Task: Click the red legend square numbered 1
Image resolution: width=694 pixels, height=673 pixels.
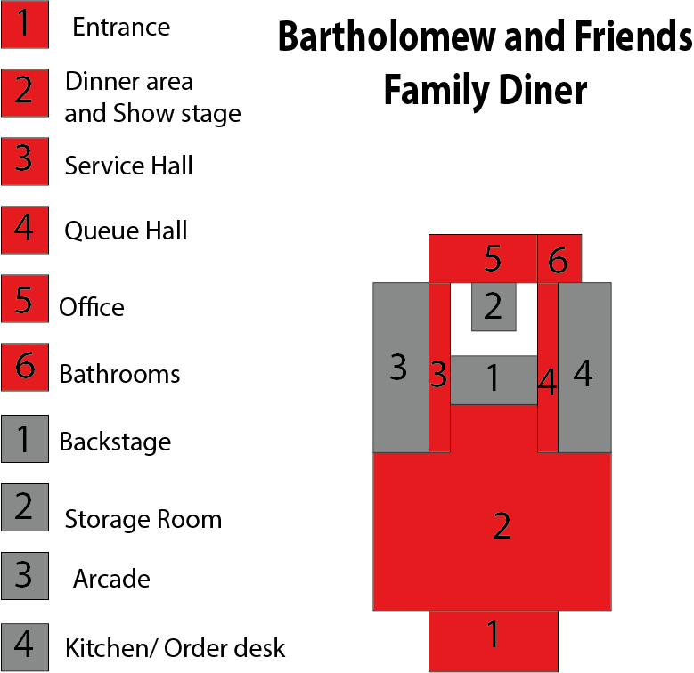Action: [x=25, y=24]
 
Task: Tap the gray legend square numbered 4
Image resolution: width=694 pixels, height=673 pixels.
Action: [x=25, y=647]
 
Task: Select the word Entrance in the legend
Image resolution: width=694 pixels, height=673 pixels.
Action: [x=121, y=27]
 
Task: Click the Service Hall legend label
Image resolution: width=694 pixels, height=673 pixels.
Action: [x=128, y=166]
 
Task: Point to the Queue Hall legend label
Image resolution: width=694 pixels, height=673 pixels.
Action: [x=126, y=231]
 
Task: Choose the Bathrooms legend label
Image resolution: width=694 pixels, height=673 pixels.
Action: [x=119, y=374]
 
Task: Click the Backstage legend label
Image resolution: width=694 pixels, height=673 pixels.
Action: [x=115, y=442]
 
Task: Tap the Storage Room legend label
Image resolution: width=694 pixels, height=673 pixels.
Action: [x=143, y=519]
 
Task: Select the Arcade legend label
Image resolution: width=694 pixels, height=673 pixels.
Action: [x=111, y=579]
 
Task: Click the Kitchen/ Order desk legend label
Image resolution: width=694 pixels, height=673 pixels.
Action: [x=175, y=648]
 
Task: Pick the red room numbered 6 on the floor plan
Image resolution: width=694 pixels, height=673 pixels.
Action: [x=559, y=259]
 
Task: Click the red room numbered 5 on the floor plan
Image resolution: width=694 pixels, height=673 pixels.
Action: [x=483, y=259]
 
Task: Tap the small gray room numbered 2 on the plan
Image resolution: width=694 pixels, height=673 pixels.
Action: [x=494, y=307]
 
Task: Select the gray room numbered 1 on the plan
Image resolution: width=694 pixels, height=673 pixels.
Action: [x=494, y=380]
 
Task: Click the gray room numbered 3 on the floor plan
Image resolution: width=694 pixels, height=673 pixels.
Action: [x=401, y=368]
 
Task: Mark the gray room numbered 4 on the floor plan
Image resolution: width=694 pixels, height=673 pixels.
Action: [x=584, y=368]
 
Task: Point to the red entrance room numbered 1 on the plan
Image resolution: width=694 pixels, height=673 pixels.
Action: [x=494, y=641]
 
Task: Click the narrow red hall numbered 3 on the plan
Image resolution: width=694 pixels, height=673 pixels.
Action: [x=439, y=368]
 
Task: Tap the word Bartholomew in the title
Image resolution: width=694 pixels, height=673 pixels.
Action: [x=388, y=37]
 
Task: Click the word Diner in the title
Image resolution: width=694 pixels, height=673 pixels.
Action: [x=543, y=90]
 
